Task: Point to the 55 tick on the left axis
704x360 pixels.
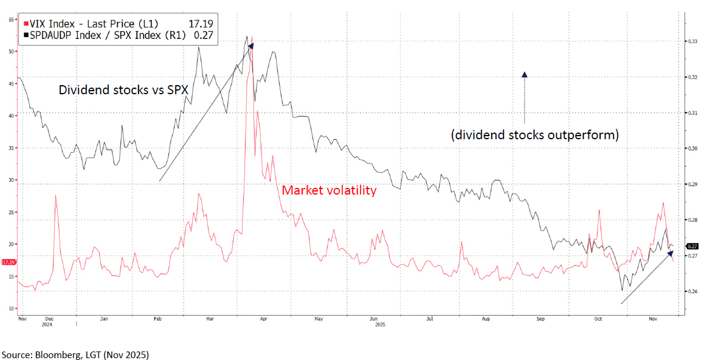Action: [11, 19]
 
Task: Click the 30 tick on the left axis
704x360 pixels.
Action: [11, 180]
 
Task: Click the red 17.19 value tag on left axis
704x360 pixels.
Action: [9, 262]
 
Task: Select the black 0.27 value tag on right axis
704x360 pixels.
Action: [692, 246]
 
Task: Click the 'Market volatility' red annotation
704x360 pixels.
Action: [329, 191]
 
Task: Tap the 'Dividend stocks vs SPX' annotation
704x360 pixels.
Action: [123, 90]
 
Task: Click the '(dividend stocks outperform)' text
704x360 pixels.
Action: [534, 135]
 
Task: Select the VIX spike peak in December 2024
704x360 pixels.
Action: [56, 196]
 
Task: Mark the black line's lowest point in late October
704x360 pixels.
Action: [622, 291]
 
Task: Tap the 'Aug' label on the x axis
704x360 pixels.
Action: [485, 318]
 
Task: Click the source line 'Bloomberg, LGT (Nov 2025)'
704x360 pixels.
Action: [75, 354]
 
